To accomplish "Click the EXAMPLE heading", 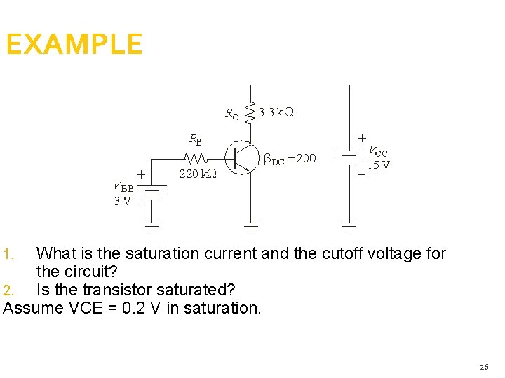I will (74, 45).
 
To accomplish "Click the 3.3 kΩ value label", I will (276, 112).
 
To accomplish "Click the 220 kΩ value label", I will (198, 174).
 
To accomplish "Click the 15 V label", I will (379, 165).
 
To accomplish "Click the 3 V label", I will (122, 202).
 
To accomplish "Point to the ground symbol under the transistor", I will (250, 226).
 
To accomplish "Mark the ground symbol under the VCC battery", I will (349, 226).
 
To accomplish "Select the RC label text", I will (231, 113).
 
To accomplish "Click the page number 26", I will (484, 367).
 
